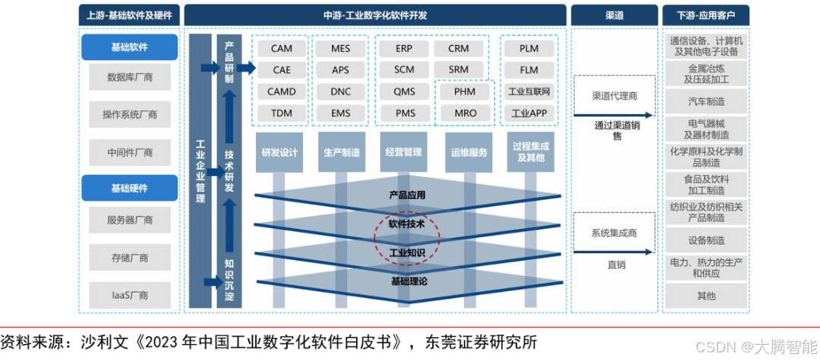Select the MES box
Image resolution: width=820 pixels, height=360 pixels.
point(340,49)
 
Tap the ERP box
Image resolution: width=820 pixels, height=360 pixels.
point(404,49)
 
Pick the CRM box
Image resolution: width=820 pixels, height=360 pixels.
point(459,49)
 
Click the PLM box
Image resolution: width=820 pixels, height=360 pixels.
point(528,49)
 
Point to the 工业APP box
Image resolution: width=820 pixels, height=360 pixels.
point(528,113)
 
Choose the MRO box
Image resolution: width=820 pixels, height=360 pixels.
point(465,113)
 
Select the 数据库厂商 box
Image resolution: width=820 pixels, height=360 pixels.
point(130,77)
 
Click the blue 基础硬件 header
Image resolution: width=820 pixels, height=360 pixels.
point(130,188)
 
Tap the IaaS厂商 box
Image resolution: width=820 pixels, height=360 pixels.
point(130,295)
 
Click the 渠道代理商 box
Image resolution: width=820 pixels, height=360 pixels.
point(614,96)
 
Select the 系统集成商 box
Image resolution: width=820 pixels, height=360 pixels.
point(614,233)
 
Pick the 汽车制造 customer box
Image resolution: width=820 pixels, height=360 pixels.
point(705,101)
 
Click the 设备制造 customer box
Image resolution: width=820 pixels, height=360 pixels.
point(705,240)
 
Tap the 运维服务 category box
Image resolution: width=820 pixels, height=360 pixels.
point(468,152)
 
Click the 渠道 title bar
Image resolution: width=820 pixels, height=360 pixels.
point(614,14)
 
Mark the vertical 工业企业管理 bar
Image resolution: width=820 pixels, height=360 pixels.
point(200,171)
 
